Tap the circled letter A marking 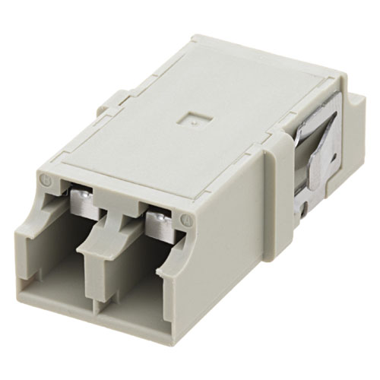[x=186, y=219]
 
